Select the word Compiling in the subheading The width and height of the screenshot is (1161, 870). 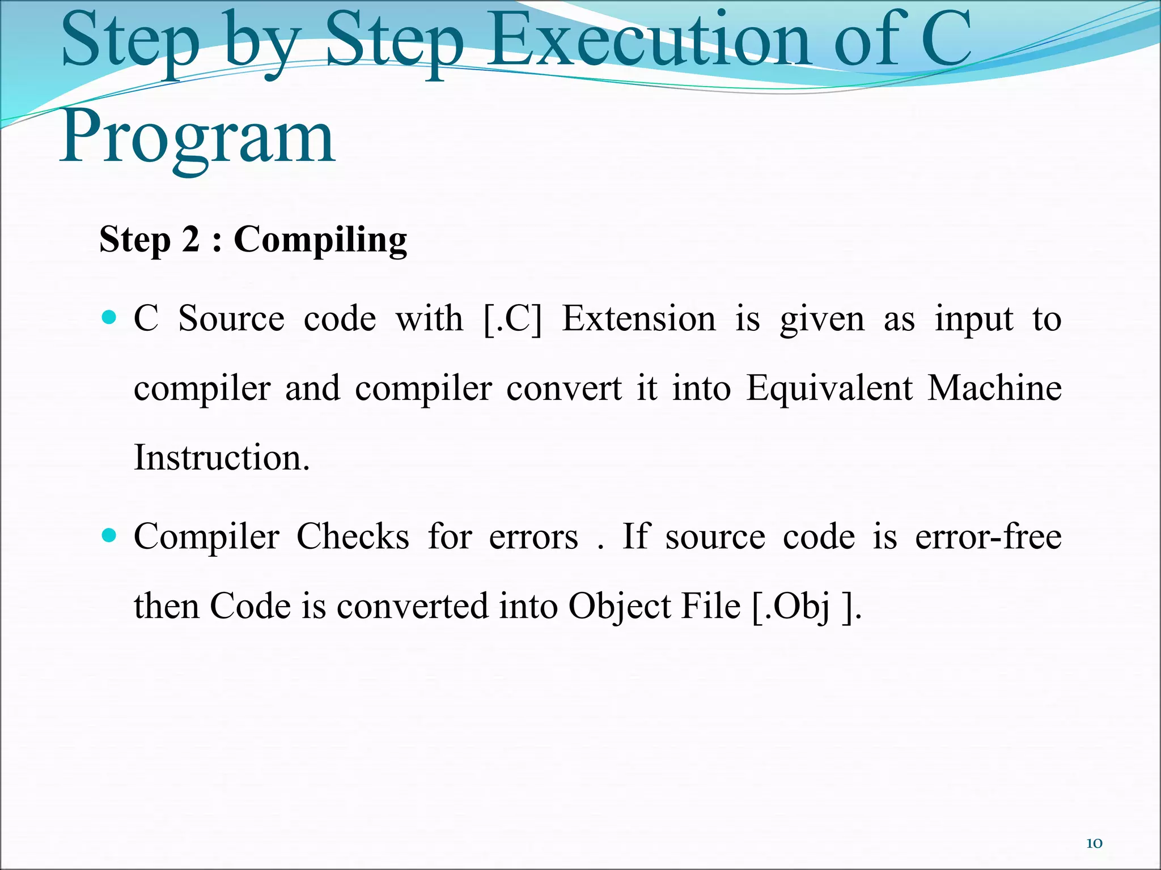(320, 240)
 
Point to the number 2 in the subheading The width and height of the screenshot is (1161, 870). (190, 239)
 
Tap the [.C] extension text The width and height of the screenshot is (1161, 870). (513, 319)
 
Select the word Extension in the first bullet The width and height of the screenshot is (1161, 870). (639, 318)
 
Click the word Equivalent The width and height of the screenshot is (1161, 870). (829, 389)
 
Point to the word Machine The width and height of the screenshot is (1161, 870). (994, 389)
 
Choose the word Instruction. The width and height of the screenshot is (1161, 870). (222, 458)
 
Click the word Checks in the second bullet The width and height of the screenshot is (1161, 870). (353, 536)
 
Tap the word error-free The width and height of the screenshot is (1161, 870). (988, 536)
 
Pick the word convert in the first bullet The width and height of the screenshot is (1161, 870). (564, 389)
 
